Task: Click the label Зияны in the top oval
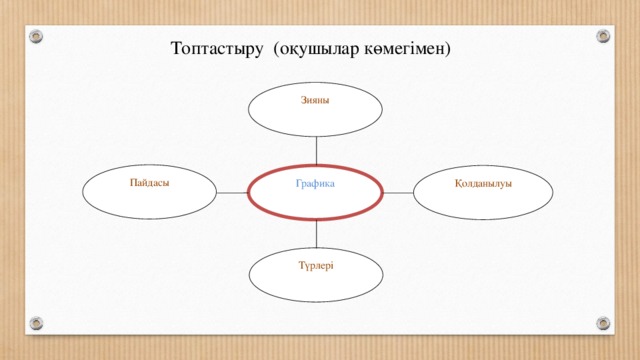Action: (x=315, y=99)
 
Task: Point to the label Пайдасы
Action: (x=149, y=182)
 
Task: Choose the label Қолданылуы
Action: (x=483, y=183)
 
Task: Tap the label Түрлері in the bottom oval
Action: (x=316, y=265)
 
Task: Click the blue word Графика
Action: (x=315, y=184)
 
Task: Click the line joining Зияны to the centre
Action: (x=316, y=149)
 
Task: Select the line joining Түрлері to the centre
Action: (x=316, y=231)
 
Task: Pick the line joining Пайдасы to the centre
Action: (x=232, y=190)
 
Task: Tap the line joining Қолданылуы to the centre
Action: (x=399, y=190)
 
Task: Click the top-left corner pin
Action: (x=37, y=36)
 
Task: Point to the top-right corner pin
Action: (x=603, y=36)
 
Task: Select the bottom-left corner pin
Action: (x=37, y=323)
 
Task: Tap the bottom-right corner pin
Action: (x=603, y=323)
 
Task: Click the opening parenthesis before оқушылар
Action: (x=275, y=48)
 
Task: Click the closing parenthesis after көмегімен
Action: (x=449, y=48)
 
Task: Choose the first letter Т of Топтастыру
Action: (x=176, y=48)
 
